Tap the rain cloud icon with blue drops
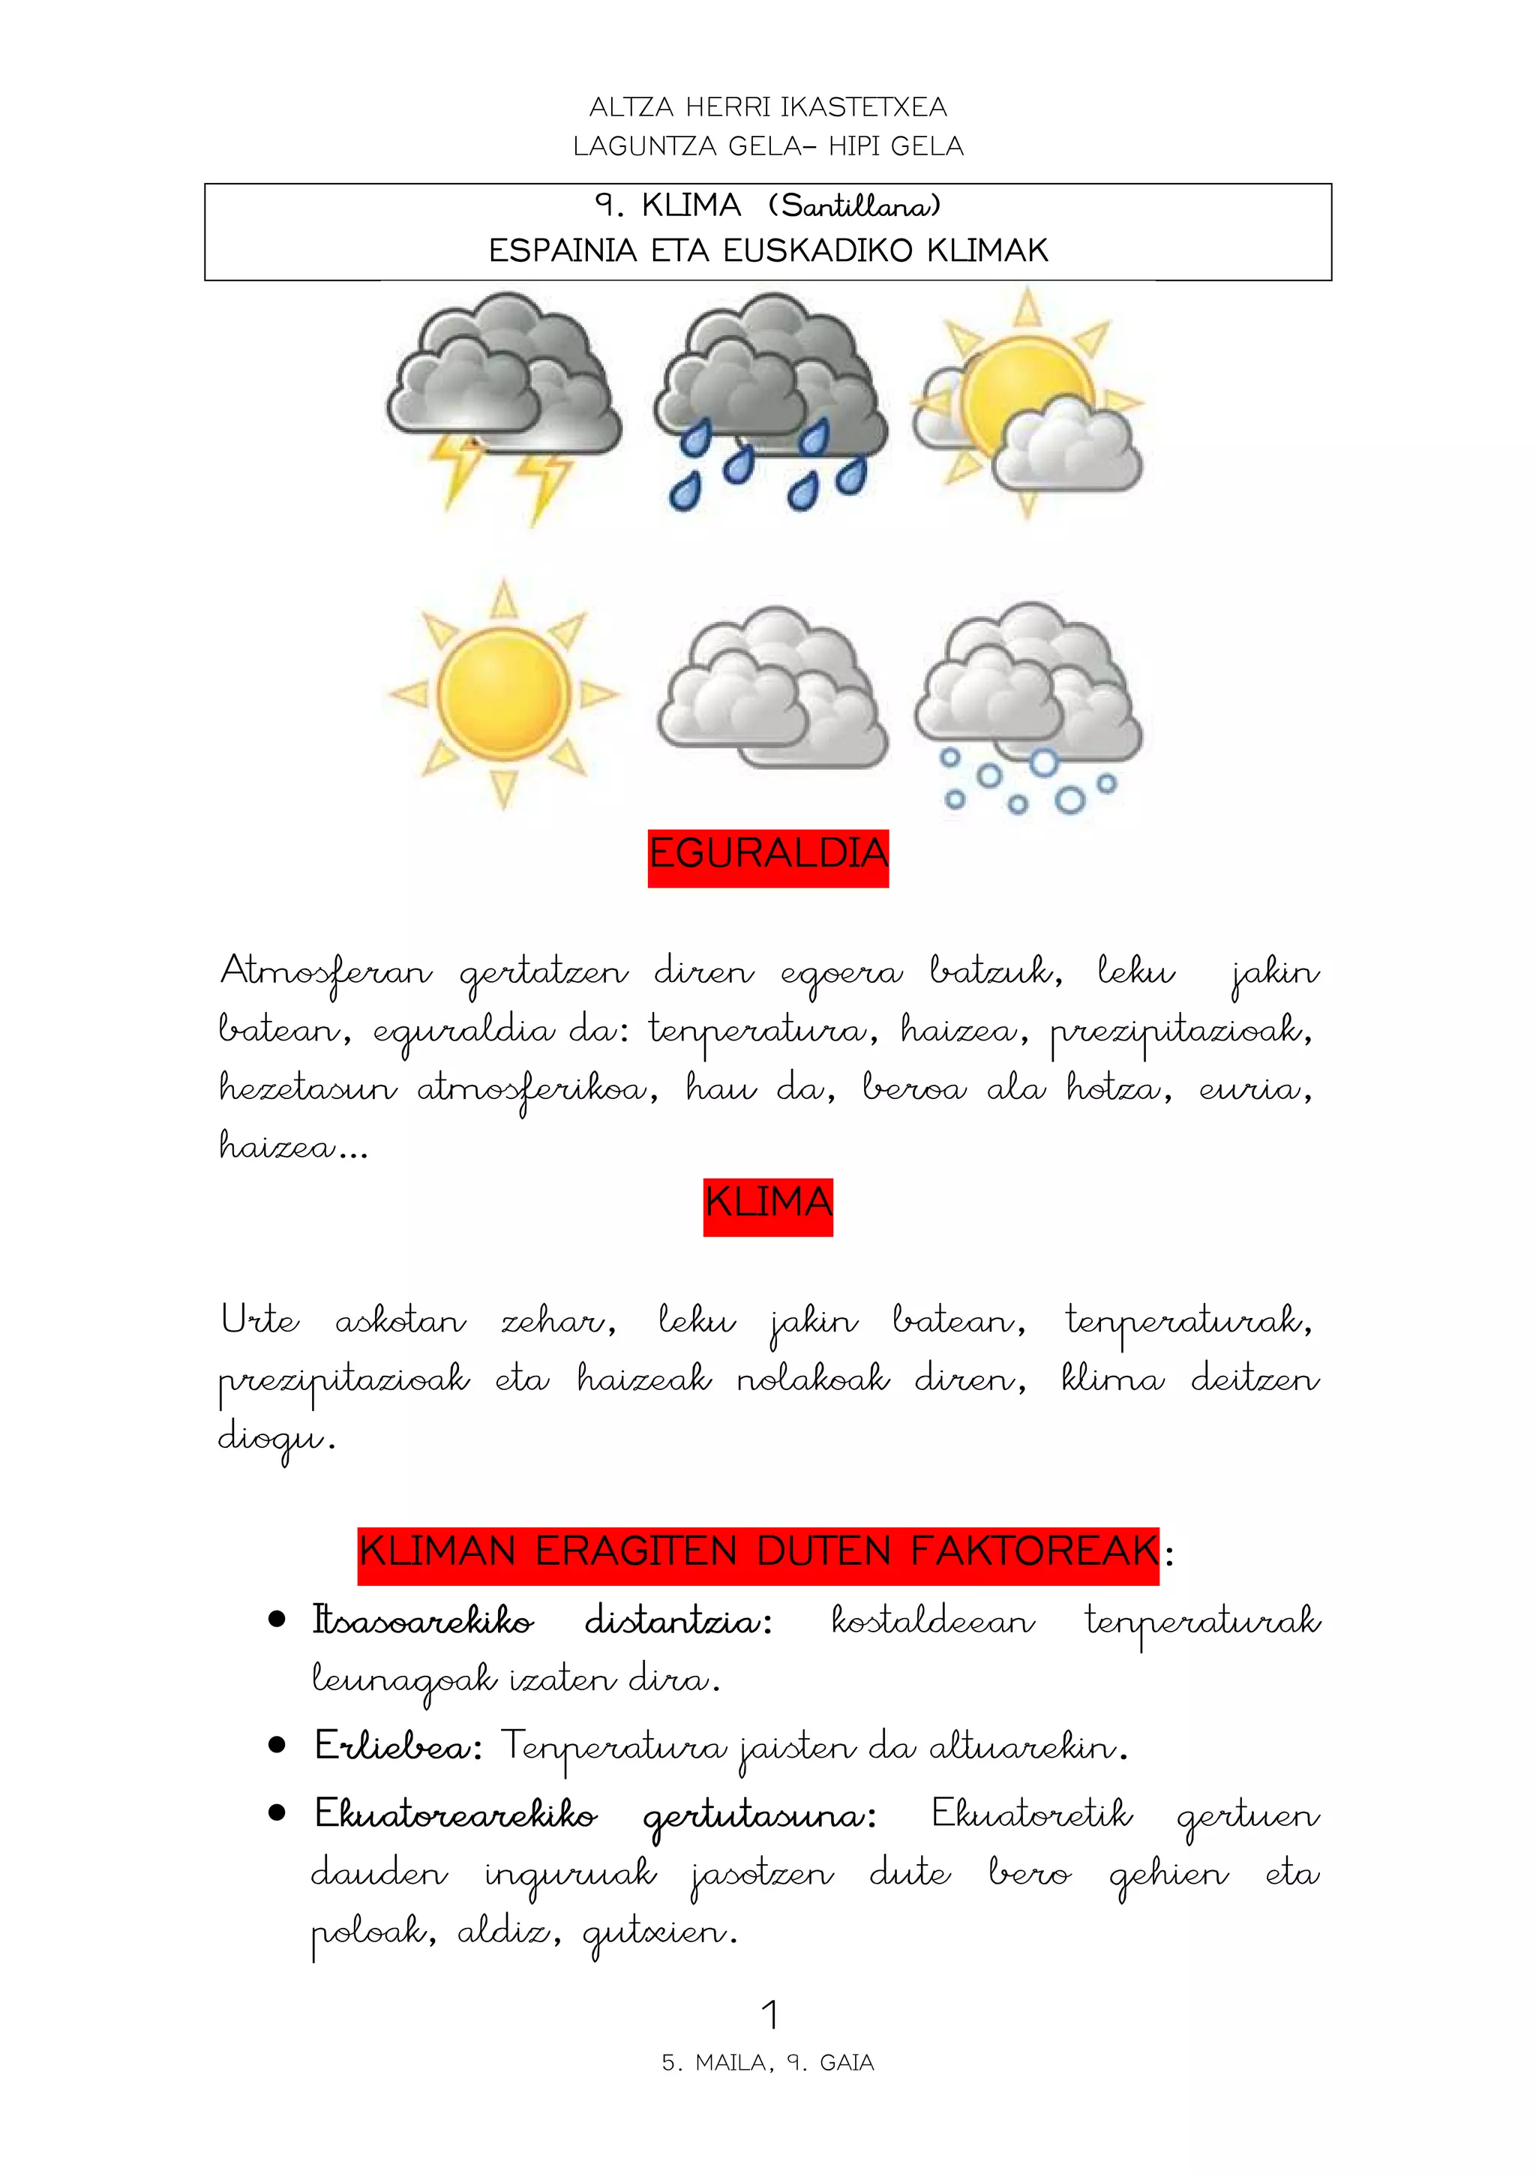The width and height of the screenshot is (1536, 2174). coord(770,402)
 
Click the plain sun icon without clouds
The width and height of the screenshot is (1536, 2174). coord(503,694)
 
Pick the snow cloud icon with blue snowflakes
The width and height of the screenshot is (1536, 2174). coord(1029,705)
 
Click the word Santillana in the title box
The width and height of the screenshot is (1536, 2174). coord(853,206)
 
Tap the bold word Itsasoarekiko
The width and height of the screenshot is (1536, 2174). coord(423,1621)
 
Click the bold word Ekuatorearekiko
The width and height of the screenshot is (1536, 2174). coord(455,1814)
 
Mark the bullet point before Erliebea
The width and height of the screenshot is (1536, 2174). coord(276,1744)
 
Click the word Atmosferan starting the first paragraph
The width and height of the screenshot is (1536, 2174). coord(325,972)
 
